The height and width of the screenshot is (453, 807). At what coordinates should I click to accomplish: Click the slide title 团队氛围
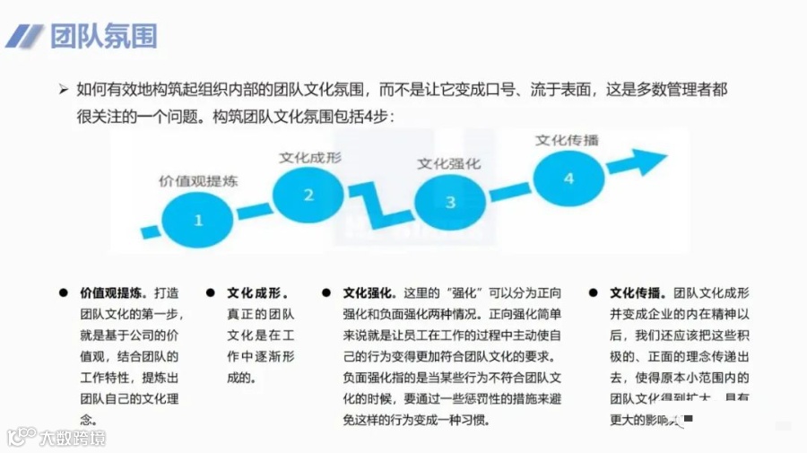click(x=103, y=36)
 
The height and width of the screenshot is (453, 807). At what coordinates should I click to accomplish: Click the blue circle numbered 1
click(x=199, y=218)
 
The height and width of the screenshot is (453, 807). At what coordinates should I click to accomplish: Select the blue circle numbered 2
click(x=308, y=195)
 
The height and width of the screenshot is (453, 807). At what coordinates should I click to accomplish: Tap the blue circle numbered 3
click(x=450, y=203)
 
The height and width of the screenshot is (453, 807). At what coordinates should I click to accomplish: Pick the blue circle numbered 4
click(x=568, y=179)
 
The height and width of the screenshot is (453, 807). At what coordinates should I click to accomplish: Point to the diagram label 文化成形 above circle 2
click(x=309, y=157)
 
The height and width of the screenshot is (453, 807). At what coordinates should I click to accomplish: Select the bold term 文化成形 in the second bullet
click(x=256, y=292)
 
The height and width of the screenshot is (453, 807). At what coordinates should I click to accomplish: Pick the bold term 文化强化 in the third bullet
click(x=369, y=292)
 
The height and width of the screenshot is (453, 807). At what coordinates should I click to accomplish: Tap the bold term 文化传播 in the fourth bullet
click(x=637, y=292)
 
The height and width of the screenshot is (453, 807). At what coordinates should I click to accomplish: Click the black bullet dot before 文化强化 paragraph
click(x=326, y=292)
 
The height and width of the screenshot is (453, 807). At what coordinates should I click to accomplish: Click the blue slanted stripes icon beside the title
click(x=25, y=36)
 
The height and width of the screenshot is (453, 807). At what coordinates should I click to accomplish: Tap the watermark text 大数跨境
click(x=72, y=438)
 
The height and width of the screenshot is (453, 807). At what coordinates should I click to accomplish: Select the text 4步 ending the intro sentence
click(x=381, y=116)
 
